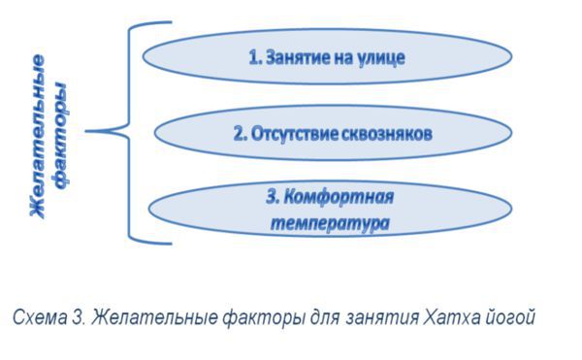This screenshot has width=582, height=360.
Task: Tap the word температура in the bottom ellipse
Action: coord(329,222)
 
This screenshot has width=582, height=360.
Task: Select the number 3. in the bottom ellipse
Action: coord(273,198)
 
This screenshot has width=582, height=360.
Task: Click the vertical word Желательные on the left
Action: coord(38,136)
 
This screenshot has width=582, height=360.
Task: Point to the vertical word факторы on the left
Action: coord(63,137)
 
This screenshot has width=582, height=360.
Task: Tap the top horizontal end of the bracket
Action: coord(160,23)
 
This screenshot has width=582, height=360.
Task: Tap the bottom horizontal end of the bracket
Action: coord(160,241)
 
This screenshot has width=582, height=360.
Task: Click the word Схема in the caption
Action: coord(38,317)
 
